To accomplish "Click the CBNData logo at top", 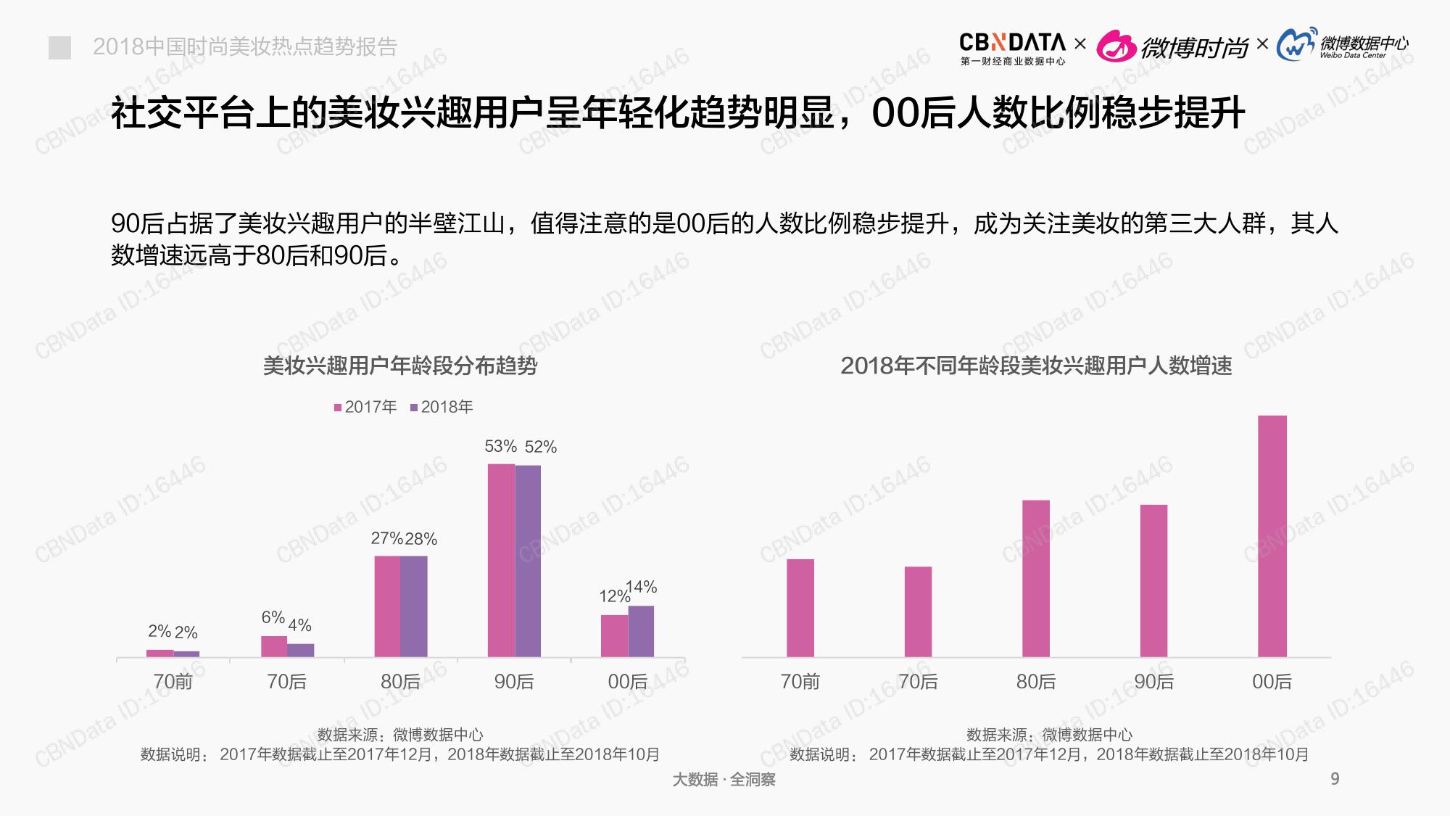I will pyautogui.click(x=1012, y=48).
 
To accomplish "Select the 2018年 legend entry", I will pyautogui.click(x=442, y=407).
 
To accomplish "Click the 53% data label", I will pyautogui.click(x=500, y=446).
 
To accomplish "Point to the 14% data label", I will pyautogui.click(x=642, y=587).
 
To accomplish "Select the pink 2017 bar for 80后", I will pyautogui.click(x=387, y=606).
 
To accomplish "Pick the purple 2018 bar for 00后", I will pyautogui.click(x=641, y=631).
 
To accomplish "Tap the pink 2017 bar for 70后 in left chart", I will pyautogui.click(x=274, y=646).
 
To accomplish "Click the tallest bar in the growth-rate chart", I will pyautogui.click(x=1272, y=536).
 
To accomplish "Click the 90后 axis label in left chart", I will pyautogui.click(x=514, y=682).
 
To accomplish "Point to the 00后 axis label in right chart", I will pyautogui.click(x=1272, y=682).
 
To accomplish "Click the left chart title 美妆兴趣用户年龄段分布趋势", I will pyautogui.click(x=400, y=366).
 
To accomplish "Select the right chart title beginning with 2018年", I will pyautogui.click(x=1036, y=366).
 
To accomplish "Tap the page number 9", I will pyautogui.click(x=1335, y=779).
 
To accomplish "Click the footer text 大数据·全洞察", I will pyautogui.click(x=724, y=780).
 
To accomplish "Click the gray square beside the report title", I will pyautogui.click(x=59, y=48).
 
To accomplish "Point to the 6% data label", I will pyautogui.click(x=273, y=617).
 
